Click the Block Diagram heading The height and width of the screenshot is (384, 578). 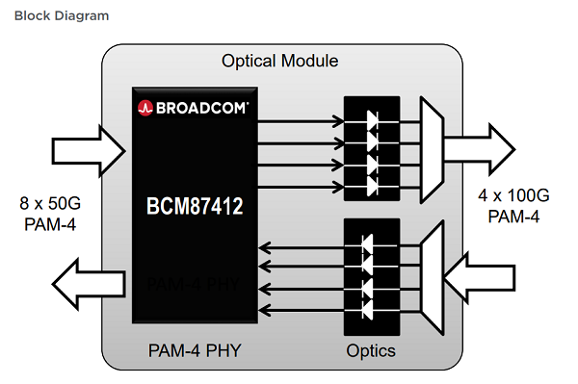[55, 16]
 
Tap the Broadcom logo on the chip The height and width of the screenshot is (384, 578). [194, 107]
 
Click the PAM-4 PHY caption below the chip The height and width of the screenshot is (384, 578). [193, 349]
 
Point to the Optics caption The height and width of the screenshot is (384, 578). [371, 349]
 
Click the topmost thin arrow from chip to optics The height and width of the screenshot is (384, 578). [299, 121]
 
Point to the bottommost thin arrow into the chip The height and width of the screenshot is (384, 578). [299, 309]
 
